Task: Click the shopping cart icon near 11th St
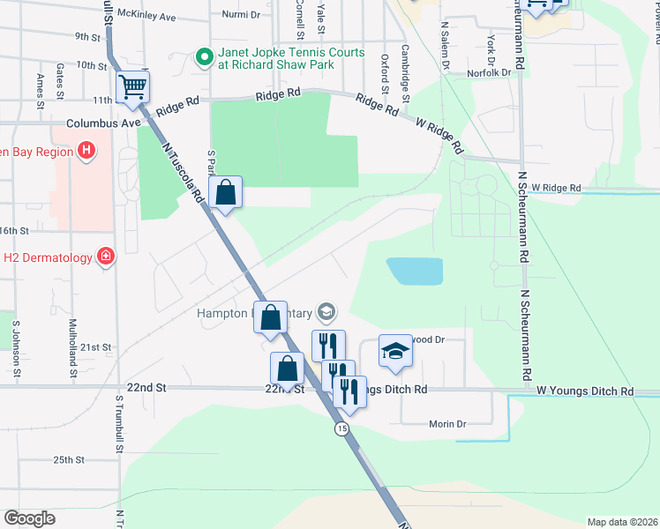(x=133, y=87)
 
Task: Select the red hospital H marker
(x=86, y=151)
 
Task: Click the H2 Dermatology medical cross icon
(x=106, y=257)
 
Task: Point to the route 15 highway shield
(x=341, y=428)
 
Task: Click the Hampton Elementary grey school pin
(x=327, y=312)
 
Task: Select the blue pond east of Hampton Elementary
(x=415, y=271)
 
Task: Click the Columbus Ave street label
(x=103, y=123)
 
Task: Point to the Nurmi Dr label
(x=241, y=15)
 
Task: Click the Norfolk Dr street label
(x=492, y=72)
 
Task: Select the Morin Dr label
(x=446, y=424)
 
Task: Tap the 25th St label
(x=68, y=459)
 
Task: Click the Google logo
(x=30, y=518)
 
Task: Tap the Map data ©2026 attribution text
(x=622, y=522)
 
